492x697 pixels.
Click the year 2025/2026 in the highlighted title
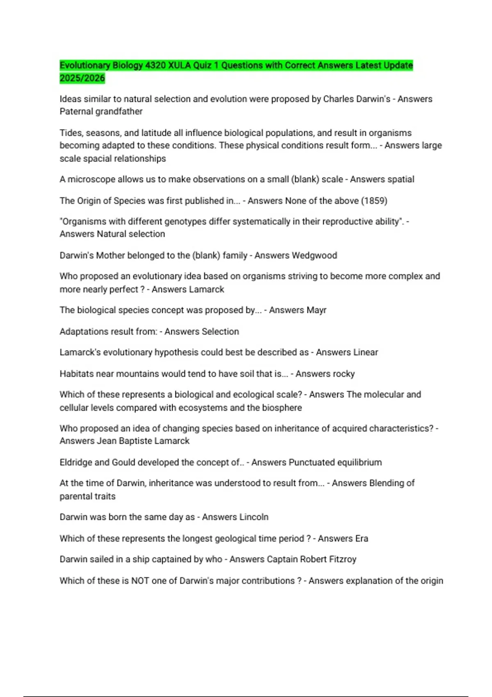pyautogui.click(x=82, y=78)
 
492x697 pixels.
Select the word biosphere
pyautogui.click(x=282, y=408)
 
